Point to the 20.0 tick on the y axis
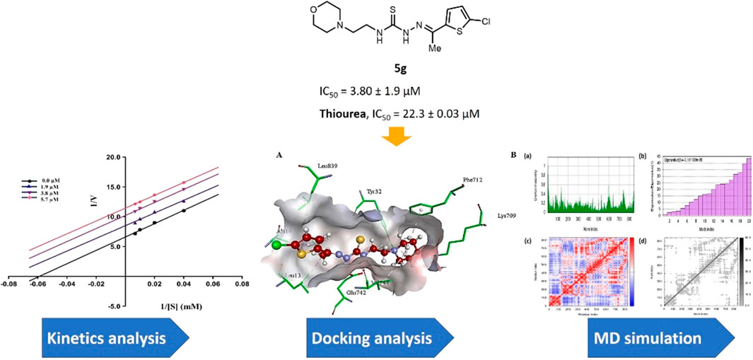(112, 158)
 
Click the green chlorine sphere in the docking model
(276, 245)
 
